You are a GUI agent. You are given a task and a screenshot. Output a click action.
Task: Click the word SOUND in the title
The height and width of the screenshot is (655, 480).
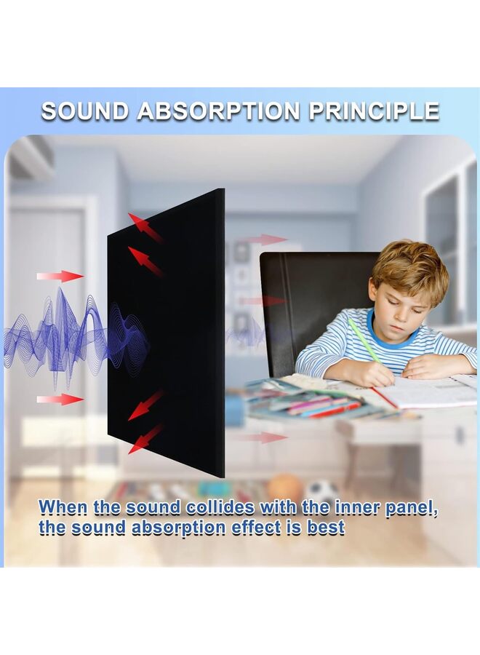[x=85, y=111]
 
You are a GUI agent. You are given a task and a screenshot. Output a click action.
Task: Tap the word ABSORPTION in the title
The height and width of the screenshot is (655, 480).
[x=219, y=111]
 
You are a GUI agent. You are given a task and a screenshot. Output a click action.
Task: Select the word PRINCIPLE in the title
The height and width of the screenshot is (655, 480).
[x=374, y=111]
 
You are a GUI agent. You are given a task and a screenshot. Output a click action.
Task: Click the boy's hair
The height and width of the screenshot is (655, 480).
[x=409, y=266]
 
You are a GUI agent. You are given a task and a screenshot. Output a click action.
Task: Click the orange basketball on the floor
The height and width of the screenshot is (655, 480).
[x=286, y=487]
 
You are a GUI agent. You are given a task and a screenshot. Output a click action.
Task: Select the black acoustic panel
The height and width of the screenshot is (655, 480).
[x=166, y=333]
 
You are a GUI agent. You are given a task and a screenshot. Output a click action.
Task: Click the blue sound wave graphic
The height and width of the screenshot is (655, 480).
[x=75, y=334]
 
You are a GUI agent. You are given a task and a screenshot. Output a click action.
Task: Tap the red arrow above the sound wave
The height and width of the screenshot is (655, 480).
[x=60, y=276]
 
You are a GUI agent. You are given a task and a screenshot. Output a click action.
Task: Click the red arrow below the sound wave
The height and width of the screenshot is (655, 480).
[x=60, y=400]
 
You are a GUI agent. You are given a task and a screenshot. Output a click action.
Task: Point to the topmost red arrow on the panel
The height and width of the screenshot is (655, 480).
[x=145, y=228]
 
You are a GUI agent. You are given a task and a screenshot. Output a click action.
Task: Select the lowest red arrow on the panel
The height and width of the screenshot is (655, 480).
[x=145, y=439]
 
